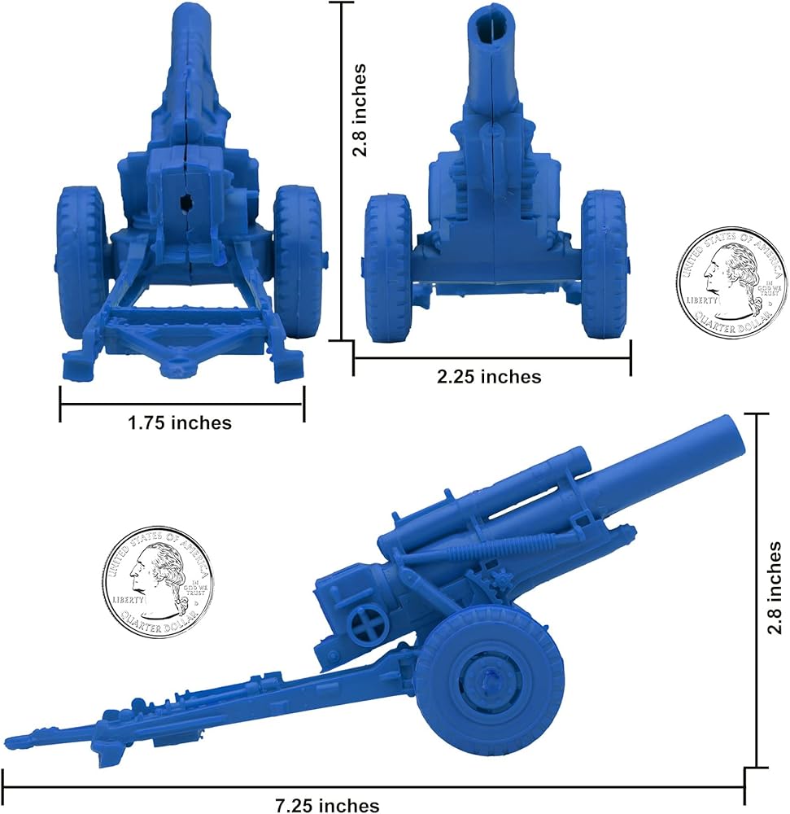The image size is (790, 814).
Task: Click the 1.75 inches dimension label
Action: (180, 422)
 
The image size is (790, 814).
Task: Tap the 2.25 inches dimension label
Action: (489, 376)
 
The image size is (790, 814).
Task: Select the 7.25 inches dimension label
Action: (327, 805)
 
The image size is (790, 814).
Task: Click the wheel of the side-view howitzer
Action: (489, 685)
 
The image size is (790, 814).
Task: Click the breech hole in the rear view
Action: (185, 203)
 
